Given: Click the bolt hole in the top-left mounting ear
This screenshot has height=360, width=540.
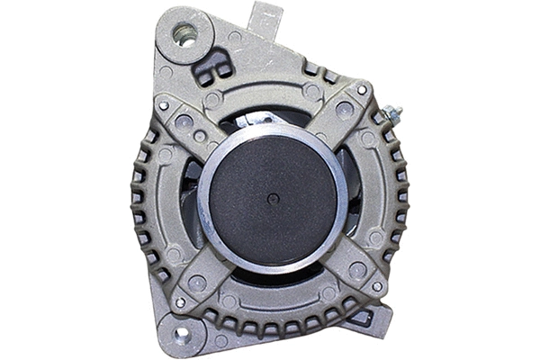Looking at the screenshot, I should tap(186, 35).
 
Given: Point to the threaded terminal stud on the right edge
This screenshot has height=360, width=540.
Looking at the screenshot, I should tap(392, 115).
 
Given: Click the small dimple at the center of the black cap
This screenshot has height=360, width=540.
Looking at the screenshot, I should tap(272, 197).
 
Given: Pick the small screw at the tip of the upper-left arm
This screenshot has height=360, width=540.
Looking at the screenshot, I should tap(164, 105).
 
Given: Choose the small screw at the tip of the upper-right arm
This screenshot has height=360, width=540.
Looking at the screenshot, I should tap(363, 90).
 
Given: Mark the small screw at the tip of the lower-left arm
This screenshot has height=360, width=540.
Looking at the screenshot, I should tap(179, 302).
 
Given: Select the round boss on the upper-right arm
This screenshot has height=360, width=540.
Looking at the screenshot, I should tap(343, 109).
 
